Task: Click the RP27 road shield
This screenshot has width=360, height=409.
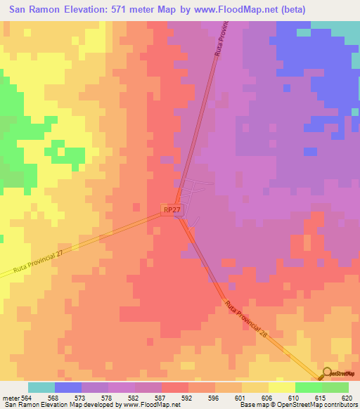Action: coord(172,209)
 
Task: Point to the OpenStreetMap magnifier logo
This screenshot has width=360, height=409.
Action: coord(328,373)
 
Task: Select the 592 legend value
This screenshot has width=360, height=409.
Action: coord(187,398)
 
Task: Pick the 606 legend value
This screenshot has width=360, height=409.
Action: coord(267,398)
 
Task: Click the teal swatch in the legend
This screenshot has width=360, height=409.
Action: coord(41,387)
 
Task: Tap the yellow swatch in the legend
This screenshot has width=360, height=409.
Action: coord(281,387)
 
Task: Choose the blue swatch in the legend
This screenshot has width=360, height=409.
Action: coord(67,387)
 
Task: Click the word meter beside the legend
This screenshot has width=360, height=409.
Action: coord(11,398)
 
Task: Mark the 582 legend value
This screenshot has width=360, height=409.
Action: coord(134,398)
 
